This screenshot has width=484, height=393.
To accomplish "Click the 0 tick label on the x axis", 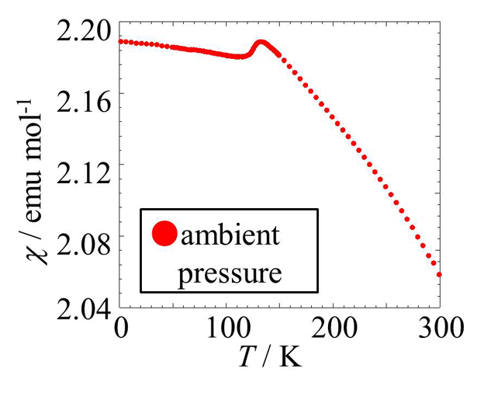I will click(119, 327).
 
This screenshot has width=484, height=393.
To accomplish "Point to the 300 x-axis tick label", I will click(439, 327).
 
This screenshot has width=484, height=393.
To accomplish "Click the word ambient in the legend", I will click(229, 235).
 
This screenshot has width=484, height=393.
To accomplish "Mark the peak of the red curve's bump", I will click(261, 42).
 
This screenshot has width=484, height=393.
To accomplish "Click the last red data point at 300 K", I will click(439, 274).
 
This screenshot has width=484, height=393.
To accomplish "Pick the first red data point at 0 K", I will click(120, 41).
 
